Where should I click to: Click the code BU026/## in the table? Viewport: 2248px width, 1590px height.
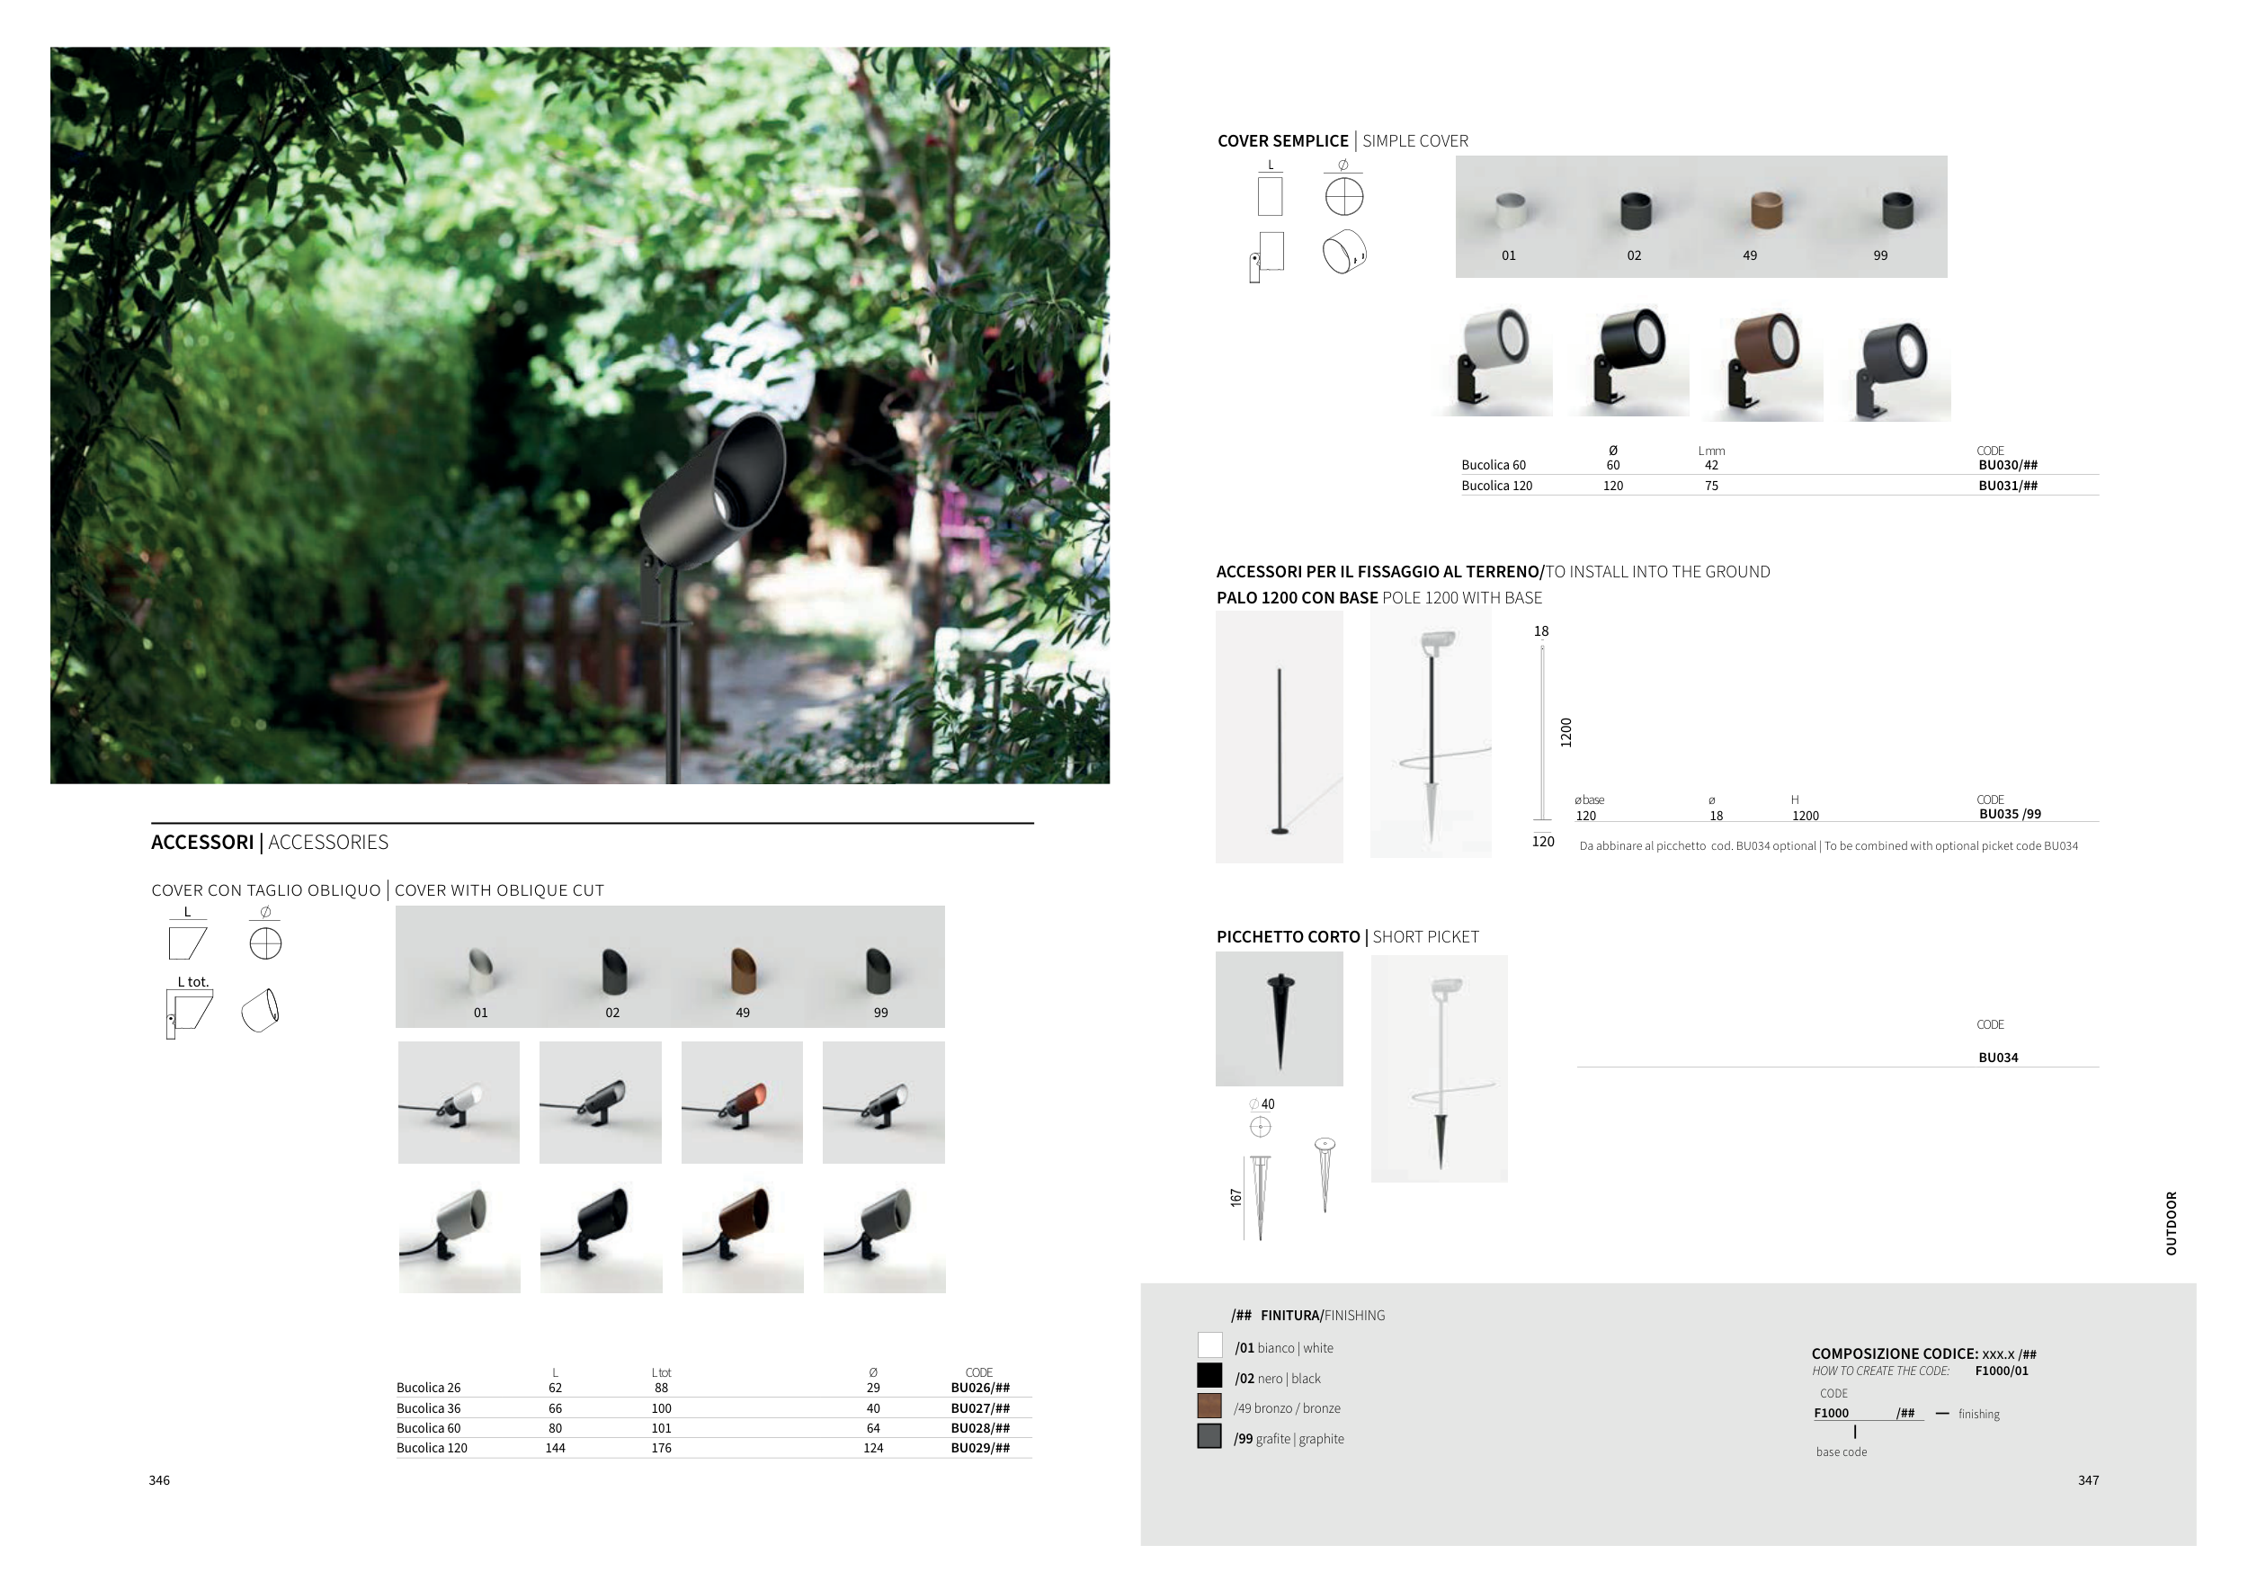tap(980, 1388)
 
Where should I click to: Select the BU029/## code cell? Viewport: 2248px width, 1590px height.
tap(980, 1447)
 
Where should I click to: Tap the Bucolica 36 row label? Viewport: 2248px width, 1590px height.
tap(428, 1408)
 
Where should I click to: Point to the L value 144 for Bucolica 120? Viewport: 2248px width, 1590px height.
tap(555, 1447)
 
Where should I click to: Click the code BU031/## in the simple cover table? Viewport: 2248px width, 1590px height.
tap(2008, 486)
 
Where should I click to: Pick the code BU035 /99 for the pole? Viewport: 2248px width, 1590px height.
tap(2010, 814)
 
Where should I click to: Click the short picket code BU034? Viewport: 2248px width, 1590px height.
tap(1998, 1058)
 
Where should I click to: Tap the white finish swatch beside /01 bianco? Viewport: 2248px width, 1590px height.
tap(1210, 1345)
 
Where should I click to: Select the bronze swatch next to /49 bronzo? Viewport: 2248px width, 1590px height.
tap(1210, 1406)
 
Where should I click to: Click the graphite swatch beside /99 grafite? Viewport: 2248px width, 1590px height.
tap(1210, 1436)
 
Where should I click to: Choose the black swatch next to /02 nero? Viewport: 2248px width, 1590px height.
tap(1210, 1376)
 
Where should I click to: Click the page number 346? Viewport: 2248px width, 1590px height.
tap(159, 1480)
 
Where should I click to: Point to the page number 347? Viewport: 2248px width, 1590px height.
tap(2089, 1480)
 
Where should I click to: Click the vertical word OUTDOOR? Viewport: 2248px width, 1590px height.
tap(2172, 1223)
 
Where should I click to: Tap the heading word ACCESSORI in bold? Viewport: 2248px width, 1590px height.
tap(202, 842)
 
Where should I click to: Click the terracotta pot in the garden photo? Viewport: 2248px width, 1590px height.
tap(388, 707)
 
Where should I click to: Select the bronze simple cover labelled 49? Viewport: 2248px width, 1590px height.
tap(1766, 210)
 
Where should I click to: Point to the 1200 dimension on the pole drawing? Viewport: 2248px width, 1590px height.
tap(1566, 732)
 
